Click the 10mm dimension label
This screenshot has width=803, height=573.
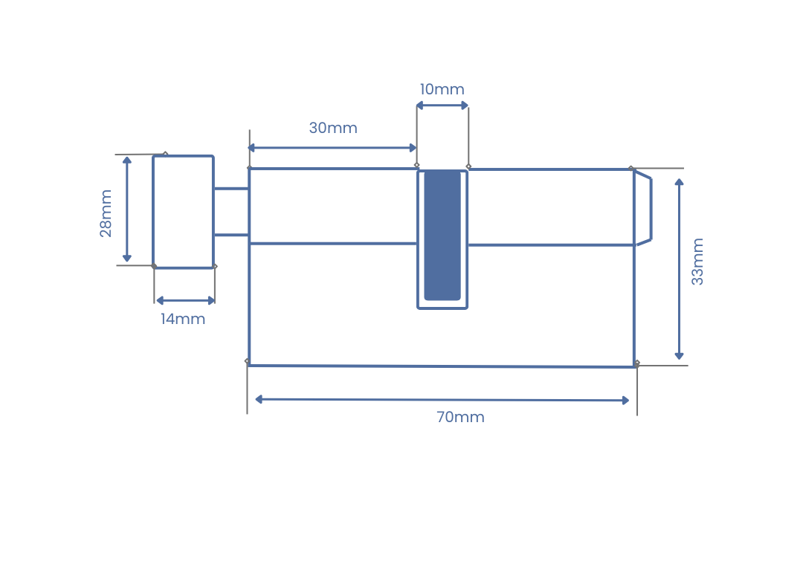[442, 89]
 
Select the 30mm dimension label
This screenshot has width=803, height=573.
[333, 128]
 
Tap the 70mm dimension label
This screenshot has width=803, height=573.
[460, 417]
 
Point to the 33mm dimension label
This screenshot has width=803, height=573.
[697, 261]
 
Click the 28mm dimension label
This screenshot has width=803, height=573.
[106, 213]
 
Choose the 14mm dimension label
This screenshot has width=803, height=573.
[183, 319]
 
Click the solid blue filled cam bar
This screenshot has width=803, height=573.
[442, 236]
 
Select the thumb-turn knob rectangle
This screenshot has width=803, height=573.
[184, 212]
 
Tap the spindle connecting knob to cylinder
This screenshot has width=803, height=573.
[231, 212]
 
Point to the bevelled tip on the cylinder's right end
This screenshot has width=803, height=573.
[643, 208]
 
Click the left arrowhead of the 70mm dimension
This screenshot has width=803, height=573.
[259, 399]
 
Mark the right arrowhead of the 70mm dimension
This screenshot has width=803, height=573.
[625, 401]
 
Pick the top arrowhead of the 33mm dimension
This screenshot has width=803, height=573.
[679, 182]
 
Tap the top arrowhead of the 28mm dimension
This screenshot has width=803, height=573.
[127, 161]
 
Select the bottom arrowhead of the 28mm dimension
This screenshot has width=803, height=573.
[127, 258]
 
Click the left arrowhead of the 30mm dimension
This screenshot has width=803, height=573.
[251, 148]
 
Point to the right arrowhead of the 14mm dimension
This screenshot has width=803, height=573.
[211, 300]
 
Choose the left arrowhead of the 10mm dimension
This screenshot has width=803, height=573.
[420, 106]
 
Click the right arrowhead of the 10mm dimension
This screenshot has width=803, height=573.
[465, 106]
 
